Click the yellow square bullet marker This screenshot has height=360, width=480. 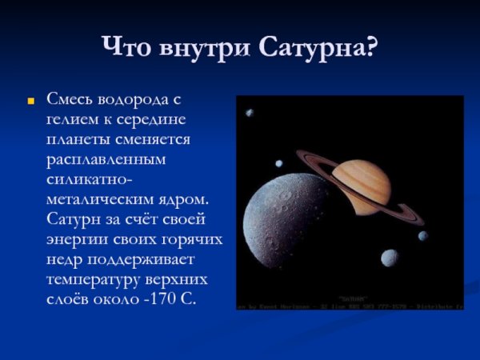(31, 102)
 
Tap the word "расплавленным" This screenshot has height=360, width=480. (106, 159)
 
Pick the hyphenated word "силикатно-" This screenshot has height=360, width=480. (89, 179)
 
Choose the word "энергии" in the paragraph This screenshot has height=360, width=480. (77, 239)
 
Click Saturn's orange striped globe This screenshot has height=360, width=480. (360, 184)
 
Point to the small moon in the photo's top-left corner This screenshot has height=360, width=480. (250, 113)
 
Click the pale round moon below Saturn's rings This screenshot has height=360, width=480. (390, 258)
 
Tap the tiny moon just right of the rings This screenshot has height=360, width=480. (422, 235)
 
